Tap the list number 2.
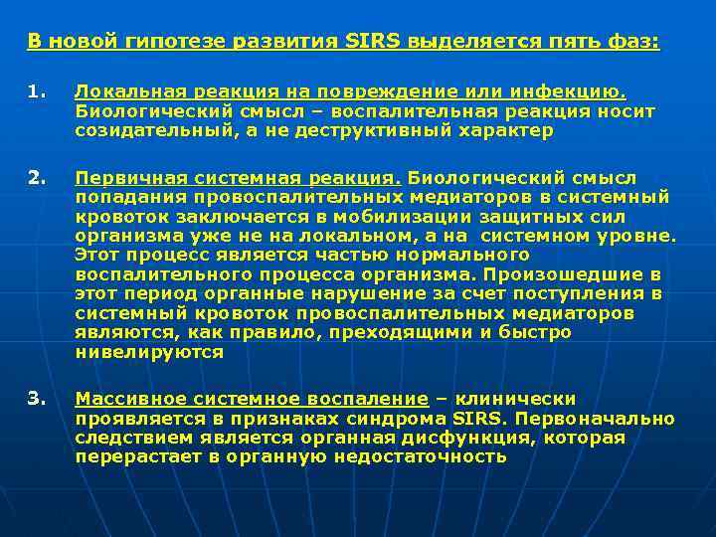[x=35, y=178]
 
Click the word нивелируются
[x=149, y=352]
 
